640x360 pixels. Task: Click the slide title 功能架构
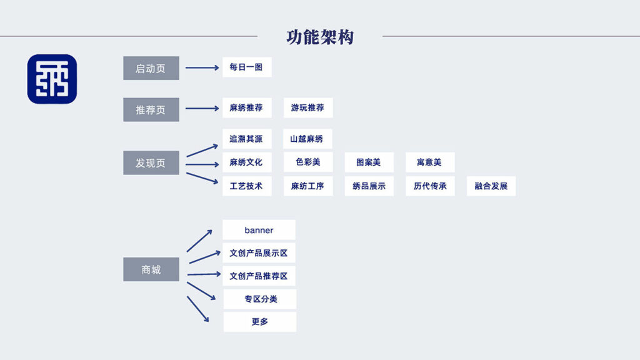click(x=320, y=37)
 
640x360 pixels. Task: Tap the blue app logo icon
click(x=52, y=79)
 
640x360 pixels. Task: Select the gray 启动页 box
click(x=151, y=68)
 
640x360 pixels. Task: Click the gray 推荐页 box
click(x=151, y=109)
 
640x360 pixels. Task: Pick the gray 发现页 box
click(x=151, y=162)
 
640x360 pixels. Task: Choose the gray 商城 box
click(x=151, y=269)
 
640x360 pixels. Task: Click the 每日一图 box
click(x=246, y=67)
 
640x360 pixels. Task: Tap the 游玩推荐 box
click(x=307, y=107)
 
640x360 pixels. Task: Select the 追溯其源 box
click(x=246, y=139)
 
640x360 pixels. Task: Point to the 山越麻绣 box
click(x=307, y=139)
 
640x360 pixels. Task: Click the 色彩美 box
click(x=307, y=162)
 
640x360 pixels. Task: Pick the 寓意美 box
click(x=429, y=162)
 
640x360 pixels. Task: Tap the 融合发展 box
click(x=491, y=186)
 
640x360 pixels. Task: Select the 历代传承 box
click(x=429, y=186)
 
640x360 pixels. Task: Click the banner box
click(x=259, y=230)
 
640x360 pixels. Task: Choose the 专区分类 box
click(x=260, y=299)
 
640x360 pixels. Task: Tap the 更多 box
click(x=260, y=322)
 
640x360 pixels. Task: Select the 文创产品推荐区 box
click(x=259, y=276)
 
